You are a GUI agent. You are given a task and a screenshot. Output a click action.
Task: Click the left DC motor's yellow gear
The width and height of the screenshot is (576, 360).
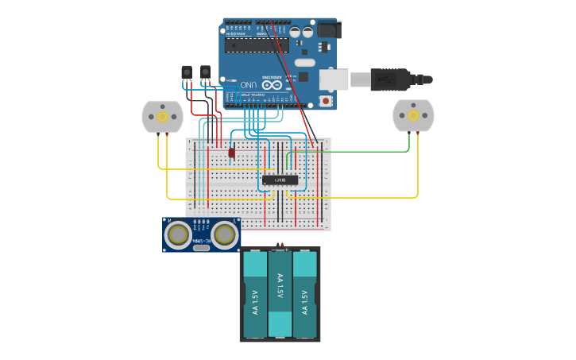pyautogui.click(x=162, y=117)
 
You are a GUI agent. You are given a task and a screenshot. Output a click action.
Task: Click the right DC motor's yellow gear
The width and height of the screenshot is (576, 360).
pyautogui.click(x=414, y=116)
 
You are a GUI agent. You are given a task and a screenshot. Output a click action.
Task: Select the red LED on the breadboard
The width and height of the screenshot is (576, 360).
pyautogui.click(x=231, y=153)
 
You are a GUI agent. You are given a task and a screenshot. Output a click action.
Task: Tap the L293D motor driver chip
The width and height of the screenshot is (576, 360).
pyautogui.click(x=280, y=180)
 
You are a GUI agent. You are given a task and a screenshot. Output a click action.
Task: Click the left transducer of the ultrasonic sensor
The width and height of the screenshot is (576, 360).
pyautogui.click(x=179, y=234)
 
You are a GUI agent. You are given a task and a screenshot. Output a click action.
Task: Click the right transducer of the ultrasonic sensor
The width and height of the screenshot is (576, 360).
pyautogui.click(x=225, y=234)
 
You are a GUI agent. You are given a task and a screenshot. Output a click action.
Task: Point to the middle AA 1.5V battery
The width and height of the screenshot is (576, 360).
pyautogui.click(x=280, y=292)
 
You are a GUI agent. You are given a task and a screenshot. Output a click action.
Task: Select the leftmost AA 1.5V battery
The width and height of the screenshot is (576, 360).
pyautogui.click(x=255, y=294)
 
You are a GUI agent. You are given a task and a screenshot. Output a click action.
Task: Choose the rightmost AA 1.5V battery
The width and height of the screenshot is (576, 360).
pyautogui.click(x=304, y=294)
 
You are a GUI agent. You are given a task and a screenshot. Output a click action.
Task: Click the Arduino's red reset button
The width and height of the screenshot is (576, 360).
pyautogui.click(x=325, y=101)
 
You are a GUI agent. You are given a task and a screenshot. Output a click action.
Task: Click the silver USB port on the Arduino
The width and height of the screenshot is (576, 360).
pyautogui.click(x=334, y=79)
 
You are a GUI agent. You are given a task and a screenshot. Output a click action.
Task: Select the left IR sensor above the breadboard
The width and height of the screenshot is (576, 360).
pyautogui.click(x=187, y=73)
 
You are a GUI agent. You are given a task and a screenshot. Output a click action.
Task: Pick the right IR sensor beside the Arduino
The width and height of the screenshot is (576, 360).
pyautogui.click(x=206, y=73)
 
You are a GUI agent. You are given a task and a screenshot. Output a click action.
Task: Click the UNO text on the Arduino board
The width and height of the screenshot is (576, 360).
pyautogui.click(x=248, y=84)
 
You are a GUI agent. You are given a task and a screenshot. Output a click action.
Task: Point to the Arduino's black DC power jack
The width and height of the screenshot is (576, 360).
pyautogui.click(x=328, y=30)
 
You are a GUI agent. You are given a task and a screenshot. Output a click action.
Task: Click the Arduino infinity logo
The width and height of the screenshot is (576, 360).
pyautogui.click(x=271, y=84)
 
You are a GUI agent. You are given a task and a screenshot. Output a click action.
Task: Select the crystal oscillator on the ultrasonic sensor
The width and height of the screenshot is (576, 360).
pyautogui.click(x=202, y=248)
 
